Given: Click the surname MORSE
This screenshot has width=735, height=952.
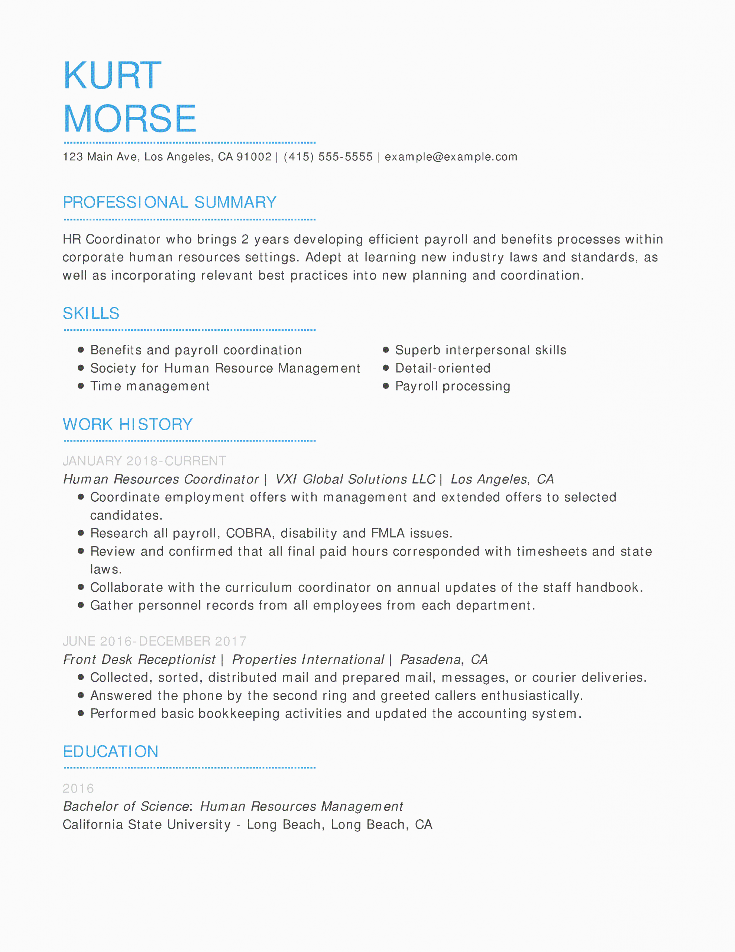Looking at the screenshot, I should point(130,119).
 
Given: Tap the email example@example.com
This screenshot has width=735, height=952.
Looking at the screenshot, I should point(451,157).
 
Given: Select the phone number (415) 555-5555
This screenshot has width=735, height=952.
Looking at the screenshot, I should point(328,157).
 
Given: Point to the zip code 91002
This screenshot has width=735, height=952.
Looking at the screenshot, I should point(254,157).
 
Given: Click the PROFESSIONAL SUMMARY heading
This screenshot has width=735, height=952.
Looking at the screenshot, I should point(169,202).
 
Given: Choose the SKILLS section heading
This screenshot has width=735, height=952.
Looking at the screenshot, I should point(91,313).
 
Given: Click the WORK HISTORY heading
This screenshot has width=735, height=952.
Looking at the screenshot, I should point(128,424).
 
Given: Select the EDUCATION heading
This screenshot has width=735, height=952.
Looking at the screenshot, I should point(111,752).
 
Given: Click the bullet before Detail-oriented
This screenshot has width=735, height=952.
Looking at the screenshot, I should point(386,368).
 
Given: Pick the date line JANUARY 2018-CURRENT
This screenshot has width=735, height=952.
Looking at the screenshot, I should point(144,461).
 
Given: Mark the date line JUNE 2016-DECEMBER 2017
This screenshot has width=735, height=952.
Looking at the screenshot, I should point(155,641).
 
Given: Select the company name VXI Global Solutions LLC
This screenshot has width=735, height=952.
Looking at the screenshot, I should point(355,479).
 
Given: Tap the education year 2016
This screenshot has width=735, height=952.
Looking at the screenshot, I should point(78,788).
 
